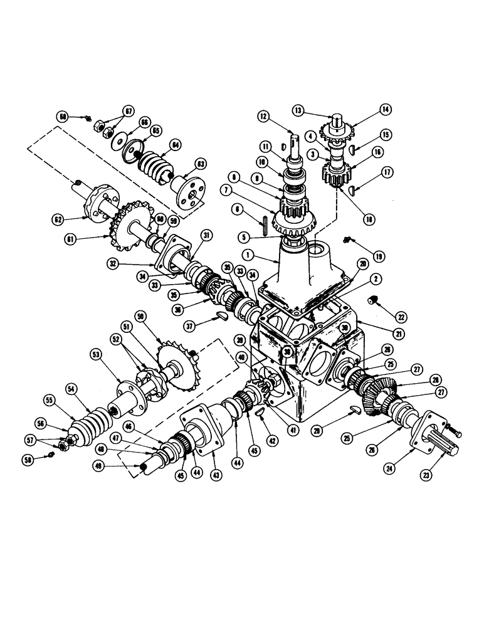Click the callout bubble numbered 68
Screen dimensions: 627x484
tap(63, 117)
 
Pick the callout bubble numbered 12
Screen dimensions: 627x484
tap(263, 115)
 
